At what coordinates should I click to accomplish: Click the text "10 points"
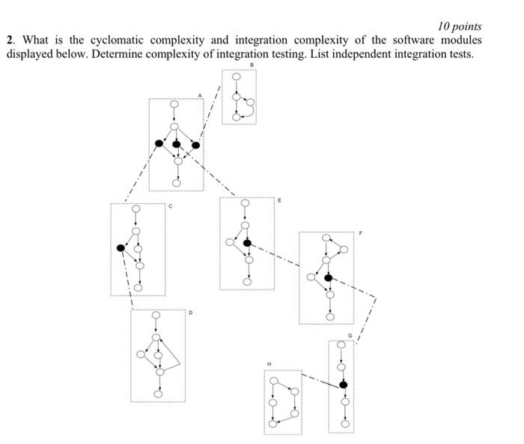coord(460,26)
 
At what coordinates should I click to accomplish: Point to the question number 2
coord(10,40)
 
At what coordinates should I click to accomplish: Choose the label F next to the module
coord(359,233)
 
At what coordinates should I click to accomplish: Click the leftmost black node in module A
coord(159,143)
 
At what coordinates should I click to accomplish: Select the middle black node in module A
coord(177,144)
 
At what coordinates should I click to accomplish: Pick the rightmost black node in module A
coord(196,145)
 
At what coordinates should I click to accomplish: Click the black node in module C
coord(121,247)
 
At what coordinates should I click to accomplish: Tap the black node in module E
coord(247,242)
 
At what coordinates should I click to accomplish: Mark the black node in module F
coord(328,277)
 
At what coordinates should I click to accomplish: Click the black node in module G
coord(343,384)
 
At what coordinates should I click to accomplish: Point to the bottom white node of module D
coord(158,394)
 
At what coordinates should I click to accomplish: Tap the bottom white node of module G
coord(343,424)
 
